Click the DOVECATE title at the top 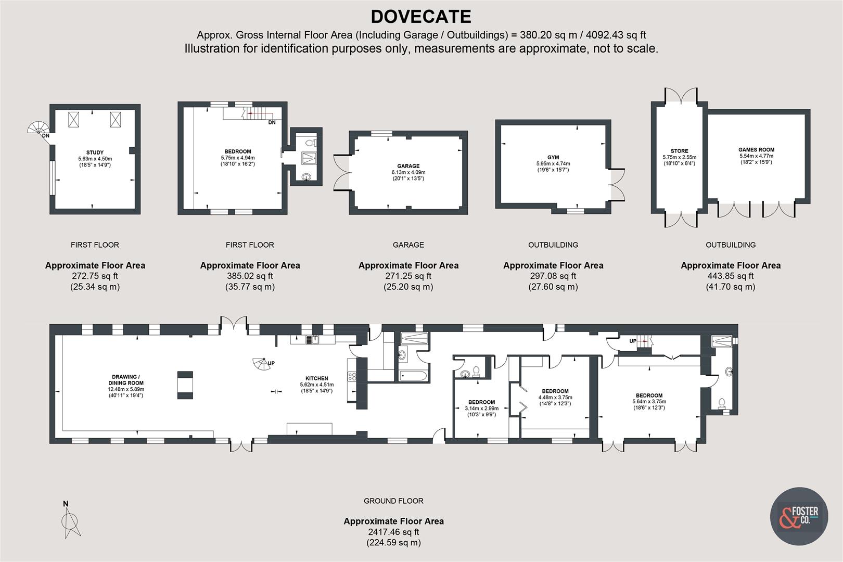(x=420, y=17)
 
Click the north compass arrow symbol (x=71, y=522)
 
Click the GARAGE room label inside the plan (x=408, y=167)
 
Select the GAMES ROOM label (x=756, y=150)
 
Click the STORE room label (x=679, y=151)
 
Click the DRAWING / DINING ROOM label (x=125, y=379)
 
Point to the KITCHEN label (x=316, y=378)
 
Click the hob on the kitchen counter (x=352, y=376)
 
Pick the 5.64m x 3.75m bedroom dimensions (x=649, y=402)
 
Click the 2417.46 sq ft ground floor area (x=393, y=532)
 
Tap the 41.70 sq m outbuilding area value (x=731, y=287)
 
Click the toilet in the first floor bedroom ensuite (x=311, y=142)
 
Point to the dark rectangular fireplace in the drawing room (x=185, y=385)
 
